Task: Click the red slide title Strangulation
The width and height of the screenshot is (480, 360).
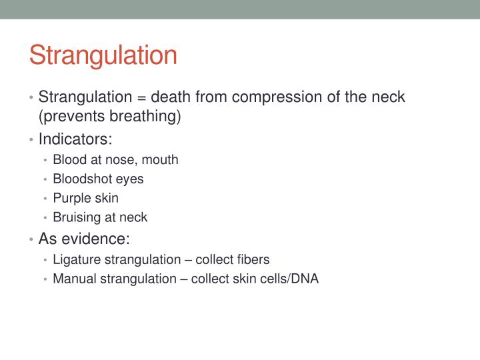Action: tap(103, 55)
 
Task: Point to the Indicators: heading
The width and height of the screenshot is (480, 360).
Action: tap(75, 139)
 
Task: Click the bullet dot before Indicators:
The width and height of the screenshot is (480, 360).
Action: tap(32, 140)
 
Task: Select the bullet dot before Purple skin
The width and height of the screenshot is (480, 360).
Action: tap(45, 199)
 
